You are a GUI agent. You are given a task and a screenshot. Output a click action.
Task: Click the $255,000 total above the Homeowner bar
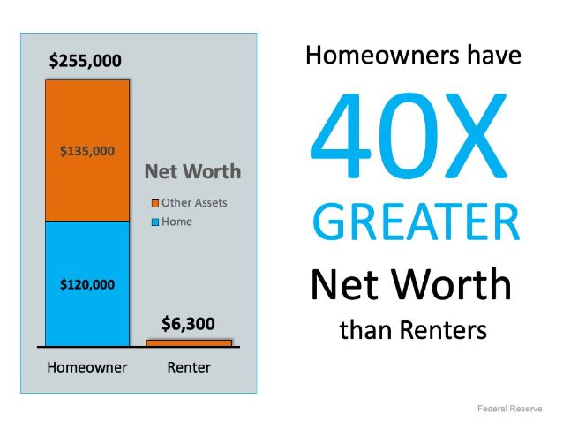click(85, 61)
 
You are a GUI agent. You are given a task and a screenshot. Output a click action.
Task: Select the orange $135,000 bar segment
click(87, 150)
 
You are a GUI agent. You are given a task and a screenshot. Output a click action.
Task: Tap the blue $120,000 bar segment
click(87, 283)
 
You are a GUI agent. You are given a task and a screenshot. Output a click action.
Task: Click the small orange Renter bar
click(189, 343)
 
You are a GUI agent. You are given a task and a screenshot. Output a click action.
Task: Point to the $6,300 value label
click(188, 324)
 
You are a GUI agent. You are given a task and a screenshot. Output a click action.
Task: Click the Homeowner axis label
click(87, 367)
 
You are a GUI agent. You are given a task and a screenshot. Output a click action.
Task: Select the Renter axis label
click(189, 367)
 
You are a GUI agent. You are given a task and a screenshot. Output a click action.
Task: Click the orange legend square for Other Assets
click(155, 203)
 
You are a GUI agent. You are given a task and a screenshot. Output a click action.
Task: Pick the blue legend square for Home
click(155, 222)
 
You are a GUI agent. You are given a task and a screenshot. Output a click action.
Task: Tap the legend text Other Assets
click(194, 202)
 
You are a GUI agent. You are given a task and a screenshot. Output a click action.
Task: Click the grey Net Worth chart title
click(192, 171)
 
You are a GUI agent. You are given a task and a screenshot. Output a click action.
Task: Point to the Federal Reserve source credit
click(510, 409)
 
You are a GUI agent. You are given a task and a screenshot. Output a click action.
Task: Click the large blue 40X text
click(409, 136)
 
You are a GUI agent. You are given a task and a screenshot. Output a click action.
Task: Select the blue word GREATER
click(417, 222)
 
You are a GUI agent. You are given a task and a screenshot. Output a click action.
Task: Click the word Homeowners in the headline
click(382, 56)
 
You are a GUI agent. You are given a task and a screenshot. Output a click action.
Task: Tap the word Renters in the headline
click(444, 330)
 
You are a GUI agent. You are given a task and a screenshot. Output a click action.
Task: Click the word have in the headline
click(494, 56)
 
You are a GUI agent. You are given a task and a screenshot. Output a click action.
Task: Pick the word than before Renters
click(366, 330)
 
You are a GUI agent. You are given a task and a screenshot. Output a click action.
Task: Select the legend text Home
click(177, 222)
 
